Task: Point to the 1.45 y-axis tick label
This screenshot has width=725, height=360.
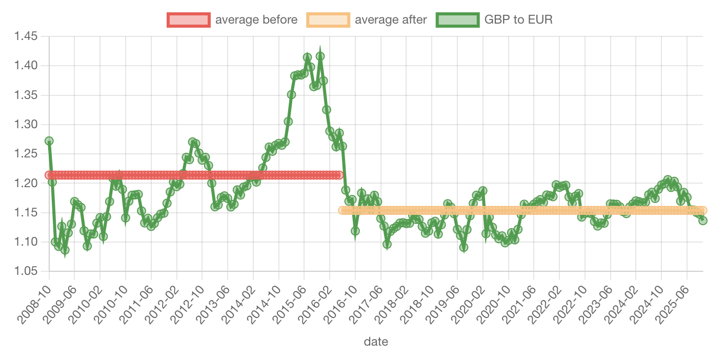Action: pyautogui.click(x=26, y=36)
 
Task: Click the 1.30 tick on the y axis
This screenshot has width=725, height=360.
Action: pyautogui.click(x=26, y=125)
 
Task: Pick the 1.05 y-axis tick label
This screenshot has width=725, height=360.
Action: pyautogui.click(x=26, y=271)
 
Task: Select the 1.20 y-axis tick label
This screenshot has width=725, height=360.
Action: pyautogui.click(x=26, y=183)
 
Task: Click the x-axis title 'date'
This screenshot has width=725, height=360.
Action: pyautogui.click(x=376, y=342)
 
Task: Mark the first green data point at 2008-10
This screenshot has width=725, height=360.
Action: pyautogui.click(x=49, y=141)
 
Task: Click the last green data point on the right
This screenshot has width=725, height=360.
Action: pyautogui.click(x=702, y=221)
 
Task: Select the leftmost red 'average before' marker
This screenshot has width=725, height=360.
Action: pyautogui.click(x=49, y=175)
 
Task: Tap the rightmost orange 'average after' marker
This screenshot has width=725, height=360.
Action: pyautogui.click(x=702, y=210)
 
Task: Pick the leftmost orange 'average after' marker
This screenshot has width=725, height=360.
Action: pyautogui.click(x=343, y=210)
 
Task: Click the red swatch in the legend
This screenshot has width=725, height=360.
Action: pyautogui.click(x=188, y=20)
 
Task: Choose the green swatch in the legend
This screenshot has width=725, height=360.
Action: pyautogui.click(x=457, y=20)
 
